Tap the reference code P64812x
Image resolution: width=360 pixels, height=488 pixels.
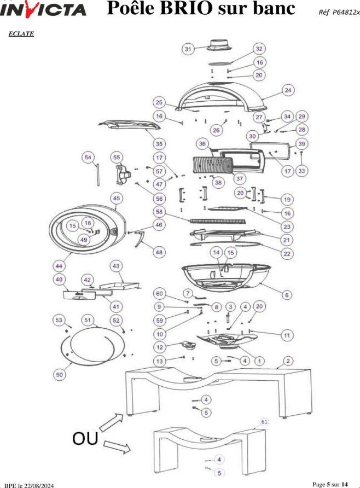346,12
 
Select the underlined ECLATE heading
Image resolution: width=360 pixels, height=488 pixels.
21,33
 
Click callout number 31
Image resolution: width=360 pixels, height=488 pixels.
188,49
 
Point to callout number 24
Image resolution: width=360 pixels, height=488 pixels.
288,90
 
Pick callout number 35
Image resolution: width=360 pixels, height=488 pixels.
159,144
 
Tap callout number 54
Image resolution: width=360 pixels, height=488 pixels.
88,157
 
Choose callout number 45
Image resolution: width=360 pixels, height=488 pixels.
116,198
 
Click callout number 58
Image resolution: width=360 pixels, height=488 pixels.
159,212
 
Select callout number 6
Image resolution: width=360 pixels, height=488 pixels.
287,295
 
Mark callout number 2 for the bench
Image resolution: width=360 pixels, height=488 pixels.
288,361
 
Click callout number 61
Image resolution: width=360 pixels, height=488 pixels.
264,422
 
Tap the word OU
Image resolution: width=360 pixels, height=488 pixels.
85,438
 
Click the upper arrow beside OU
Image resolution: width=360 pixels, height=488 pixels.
111,423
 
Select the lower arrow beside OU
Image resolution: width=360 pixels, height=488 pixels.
117,446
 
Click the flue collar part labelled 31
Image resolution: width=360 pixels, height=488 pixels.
220,45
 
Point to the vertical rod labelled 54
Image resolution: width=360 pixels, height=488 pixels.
98,175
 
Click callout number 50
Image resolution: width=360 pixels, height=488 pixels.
59,375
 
